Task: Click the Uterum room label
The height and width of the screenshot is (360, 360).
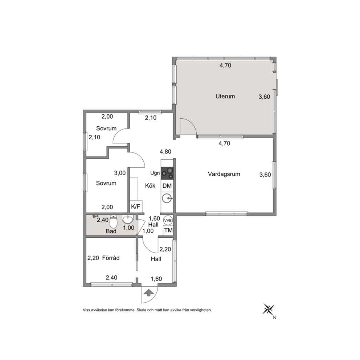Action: [225, 96]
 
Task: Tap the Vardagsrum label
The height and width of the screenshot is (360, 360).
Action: [224, 174]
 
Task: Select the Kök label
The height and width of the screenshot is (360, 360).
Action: [150, 185]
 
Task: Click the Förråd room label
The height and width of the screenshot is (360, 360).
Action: [111, 258]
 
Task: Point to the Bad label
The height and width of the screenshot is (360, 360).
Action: [111, 231]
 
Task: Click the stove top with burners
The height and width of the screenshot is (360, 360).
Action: [167, 173]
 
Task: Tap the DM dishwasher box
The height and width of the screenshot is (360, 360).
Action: [167, 186]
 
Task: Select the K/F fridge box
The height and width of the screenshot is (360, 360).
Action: [136, 206]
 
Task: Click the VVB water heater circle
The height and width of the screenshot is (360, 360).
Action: [168, 220]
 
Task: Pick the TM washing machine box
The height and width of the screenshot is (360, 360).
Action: [168, 230]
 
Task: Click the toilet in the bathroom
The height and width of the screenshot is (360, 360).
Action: [114, 221]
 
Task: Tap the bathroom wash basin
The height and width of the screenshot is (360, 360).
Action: [128, 220]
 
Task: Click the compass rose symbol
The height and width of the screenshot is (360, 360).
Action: [269, 310]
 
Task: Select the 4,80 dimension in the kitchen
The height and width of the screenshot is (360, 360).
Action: [165, 152]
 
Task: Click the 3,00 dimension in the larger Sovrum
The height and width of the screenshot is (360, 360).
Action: [120, 173]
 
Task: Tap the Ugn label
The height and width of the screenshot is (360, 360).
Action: [155, 173]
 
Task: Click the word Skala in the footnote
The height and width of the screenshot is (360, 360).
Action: [141, 310]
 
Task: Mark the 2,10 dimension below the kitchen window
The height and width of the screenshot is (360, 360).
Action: [151, 118]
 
